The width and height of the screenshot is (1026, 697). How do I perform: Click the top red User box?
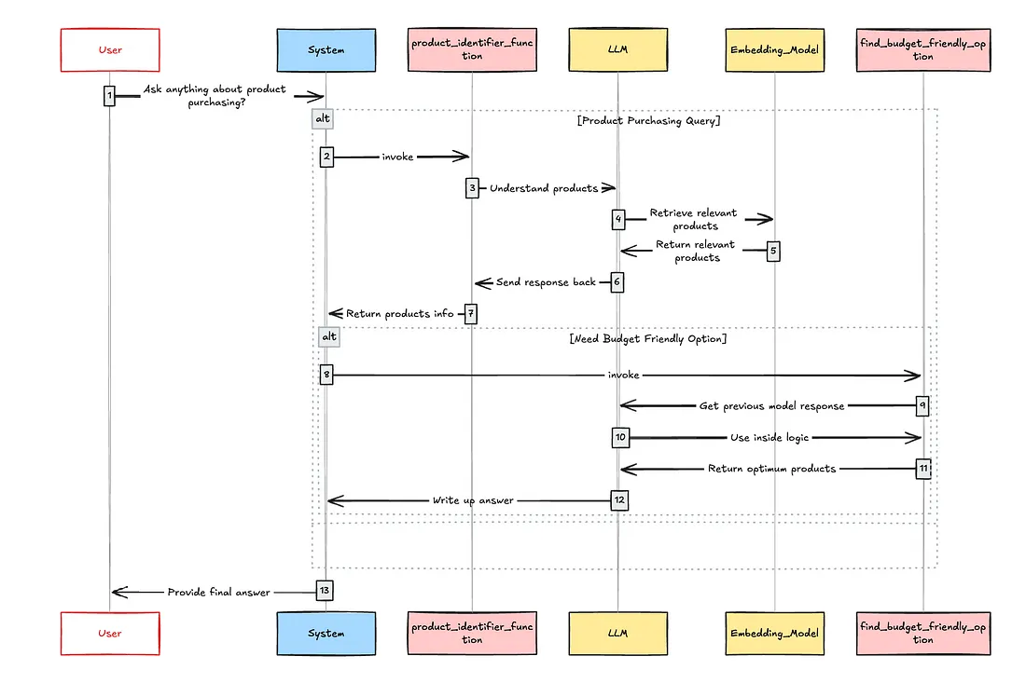(110, 50)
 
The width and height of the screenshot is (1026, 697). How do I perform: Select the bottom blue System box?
(326, 634)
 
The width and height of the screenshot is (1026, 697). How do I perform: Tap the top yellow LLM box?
(617, 50)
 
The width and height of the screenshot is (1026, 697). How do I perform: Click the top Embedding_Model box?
(774, 50)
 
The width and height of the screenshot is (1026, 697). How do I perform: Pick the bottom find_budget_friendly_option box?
(922, 634)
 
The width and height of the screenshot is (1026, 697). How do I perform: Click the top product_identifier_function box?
(472, 50)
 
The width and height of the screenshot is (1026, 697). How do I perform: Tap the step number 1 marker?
(109, 95)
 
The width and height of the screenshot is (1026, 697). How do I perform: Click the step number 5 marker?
(772, 251)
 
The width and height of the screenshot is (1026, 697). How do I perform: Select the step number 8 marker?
(326, 375)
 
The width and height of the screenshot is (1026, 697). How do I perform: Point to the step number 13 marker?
(324, 591)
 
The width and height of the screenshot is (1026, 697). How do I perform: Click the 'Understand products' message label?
(544, 188)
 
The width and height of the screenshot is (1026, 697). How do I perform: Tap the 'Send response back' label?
(546, 282)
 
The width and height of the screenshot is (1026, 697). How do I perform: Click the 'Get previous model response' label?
(771, 406)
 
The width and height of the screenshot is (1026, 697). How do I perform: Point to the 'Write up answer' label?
(472, 500)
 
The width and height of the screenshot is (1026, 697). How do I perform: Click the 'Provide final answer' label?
(218, 592)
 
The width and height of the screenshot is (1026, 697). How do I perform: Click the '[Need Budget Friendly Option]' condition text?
(647, 339)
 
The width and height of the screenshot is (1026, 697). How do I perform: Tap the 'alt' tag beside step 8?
(328, 335)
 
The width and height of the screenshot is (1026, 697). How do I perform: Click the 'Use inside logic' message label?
(769, 437)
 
